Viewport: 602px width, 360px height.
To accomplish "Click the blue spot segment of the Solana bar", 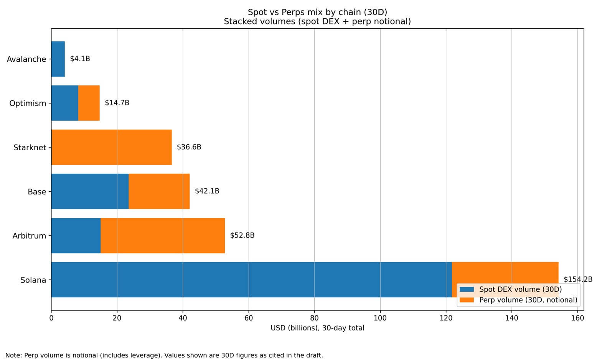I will pyautogui.click(x=251, y=279).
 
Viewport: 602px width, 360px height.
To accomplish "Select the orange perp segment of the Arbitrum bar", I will pyautogui.click(x=162, y=235).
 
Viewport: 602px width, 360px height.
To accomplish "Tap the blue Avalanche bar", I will pyautogui.click(x=58, y=59).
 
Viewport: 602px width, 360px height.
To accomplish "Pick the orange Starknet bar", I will pyautogui.click(x=111, y=147).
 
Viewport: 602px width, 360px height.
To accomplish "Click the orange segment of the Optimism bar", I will pyautogui.click(x=89, y=103).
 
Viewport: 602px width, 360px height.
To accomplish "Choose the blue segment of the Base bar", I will pyautogui.click(x=90, y=191).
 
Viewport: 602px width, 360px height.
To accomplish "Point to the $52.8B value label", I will pyautogui.click(x=242, y=235).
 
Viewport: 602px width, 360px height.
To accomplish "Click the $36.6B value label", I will pyautogui.click(x=189, y=147).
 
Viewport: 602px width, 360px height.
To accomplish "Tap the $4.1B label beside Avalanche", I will pyautogui.click(x=80, y=59).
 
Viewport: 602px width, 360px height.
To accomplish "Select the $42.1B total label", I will pyautogui.click(x=207, y=191).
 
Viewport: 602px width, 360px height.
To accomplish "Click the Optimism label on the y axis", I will pyautogui.click(x=28, y=103).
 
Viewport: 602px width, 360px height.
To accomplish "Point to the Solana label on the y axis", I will pyautogui.click(x=33, y=280).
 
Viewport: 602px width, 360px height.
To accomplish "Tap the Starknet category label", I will pyautogui.click(x=30, y=147).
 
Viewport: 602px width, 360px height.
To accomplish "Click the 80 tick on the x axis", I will pyautogui.click(x=314, y=318).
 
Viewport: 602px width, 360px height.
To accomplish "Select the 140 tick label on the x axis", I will pyautogui.click(x=511, y=318).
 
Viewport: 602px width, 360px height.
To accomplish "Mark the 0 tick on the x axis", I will pyautogui.click(x=51, y=318).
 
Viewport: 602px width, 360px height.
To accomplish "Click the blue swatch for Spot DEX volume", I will pyautogui.click(x=467, y=289).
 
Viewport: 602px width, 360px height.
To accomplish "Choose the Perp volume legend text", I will pyautogui.click(x=528, y=300).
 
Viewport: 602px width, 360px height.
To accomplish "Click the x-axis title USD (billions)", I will pyautogui.click(x=317, y=328).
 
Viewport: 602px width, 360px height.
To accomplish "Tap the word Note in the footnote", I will pyautogui.click(x=13, y=355).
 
